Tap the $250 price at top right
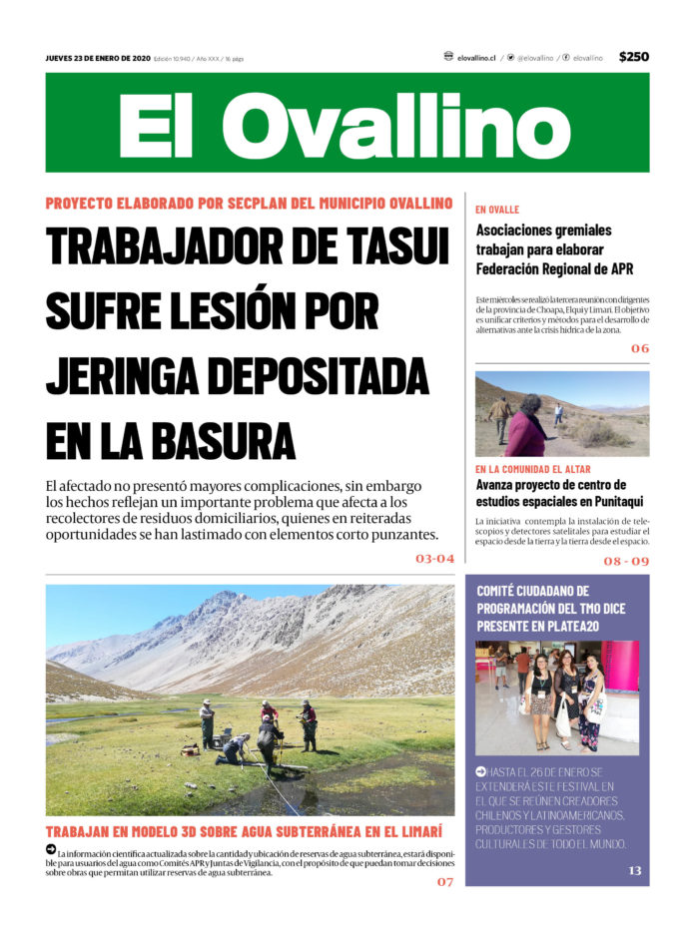pos(633,57)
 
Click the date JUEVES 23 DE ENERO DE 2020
pos(97,58)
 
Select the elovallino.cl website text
pos(476,58)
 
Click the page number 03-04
pos(434,559)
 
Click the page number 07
pos(444,882)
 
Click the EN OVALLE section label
pos(497,210)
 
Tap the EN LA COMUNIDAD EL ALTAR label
pos(532,469)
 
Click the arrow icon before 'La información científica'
pos(51,849)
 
